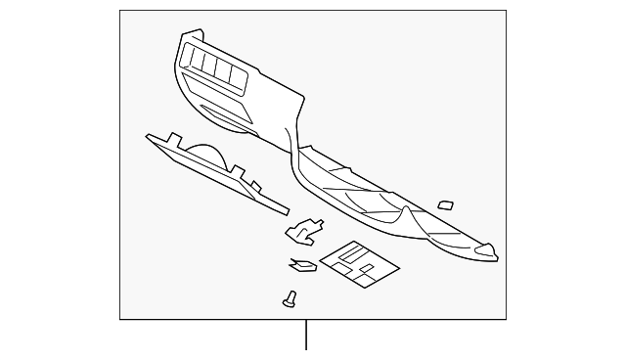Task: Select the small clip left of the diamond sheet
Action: [x=301, y=263]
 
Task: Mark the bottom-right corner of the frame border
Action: [x=507, y=319]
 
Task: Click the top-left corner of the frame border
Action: [x=119, y=11]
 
